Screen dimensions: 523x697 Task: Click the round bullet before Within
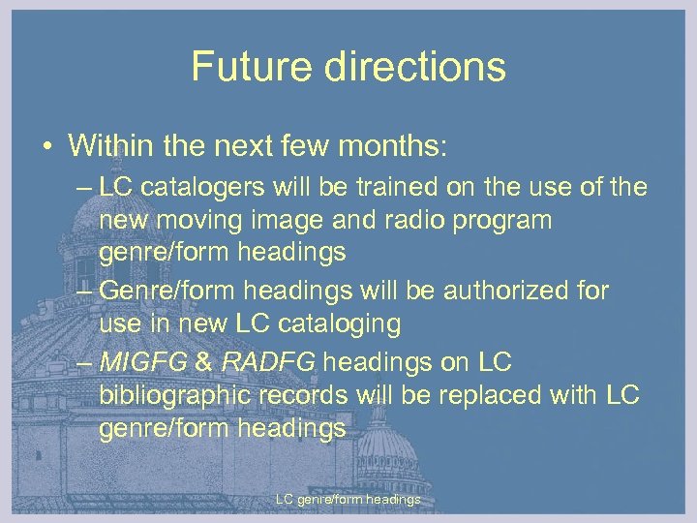tap(46, 147)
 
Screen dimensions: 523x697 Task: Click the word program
tap(504, 221)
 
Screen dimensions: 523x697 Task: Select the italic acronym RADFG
tap(269, 361)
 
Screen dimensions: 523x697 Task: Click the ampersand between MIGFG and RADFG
tap(205, 361)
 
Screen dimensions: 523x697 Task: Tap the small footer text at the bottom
tap(348, 500)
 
